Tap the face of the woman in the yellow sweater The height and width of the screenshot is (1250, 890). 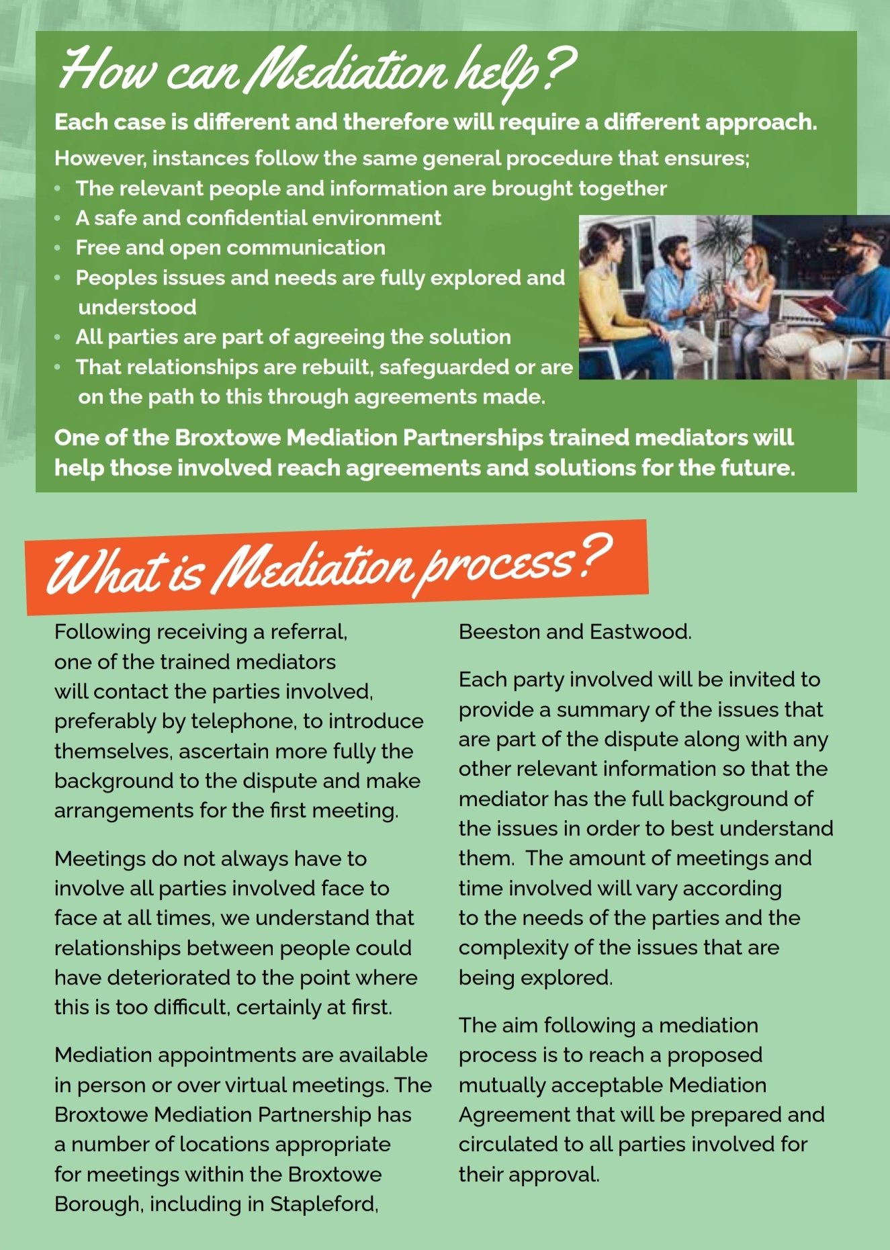[x=609, y=243]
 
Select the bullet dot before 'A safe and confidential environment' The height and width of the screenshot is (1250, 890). [x=58, y=218]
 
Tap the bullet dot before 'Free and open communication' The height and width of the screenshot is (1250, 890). [x=58, y=248]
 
